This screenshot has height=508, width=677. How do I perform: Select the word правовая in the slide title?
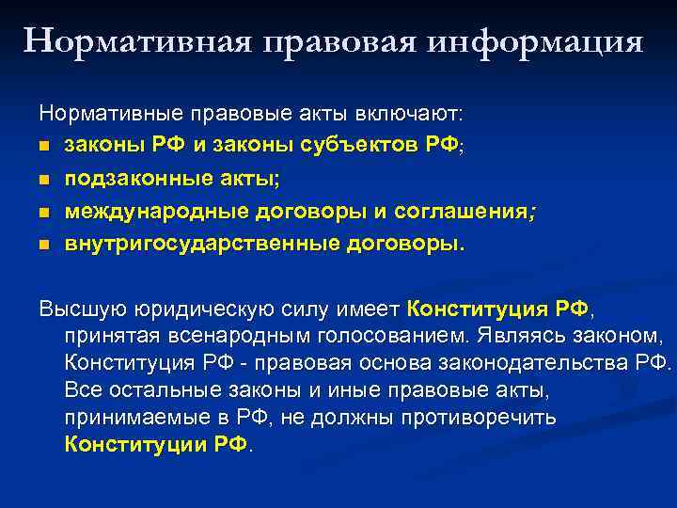(333, 42)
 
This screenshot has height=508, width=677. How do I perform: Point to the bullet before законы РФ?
(44, 148)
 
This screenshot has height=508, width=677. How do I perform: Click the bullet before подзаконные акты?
(44, 180)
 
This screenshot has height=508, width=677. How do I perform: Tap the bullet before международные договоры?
(44, 213)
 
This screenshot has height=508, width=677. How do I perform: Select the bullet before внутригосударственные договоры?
(44, 245)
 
